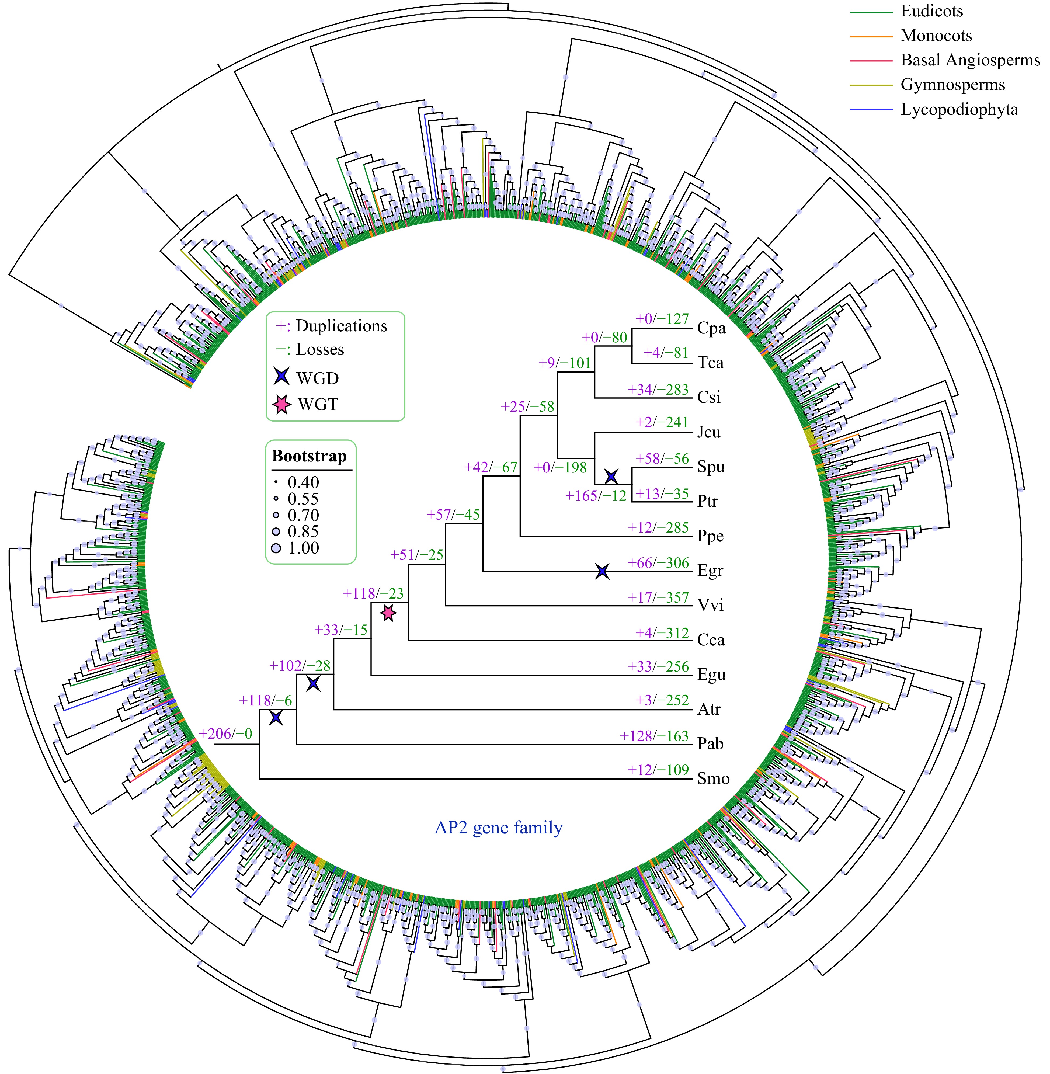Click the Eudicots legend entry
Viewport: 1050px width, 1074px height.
(x=931, y=11)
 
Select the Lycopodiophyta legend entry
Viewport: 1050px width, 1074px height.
(x=959, y=109)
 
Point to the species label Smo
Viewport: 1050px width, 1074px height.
(x=713, y=778)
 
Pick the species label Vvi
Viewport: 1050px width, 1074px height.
(x=710, y=605)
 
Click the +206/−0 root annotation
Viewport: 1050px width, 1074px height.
(x=225, y=734)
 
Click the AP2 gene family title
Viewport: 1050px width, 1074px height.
(x=499, y=828)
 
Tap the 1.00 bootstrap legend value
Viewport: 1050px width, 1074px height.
(x=303, y=548)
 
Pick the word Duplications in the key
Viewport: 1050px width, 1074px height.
(x=341, y=326)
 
